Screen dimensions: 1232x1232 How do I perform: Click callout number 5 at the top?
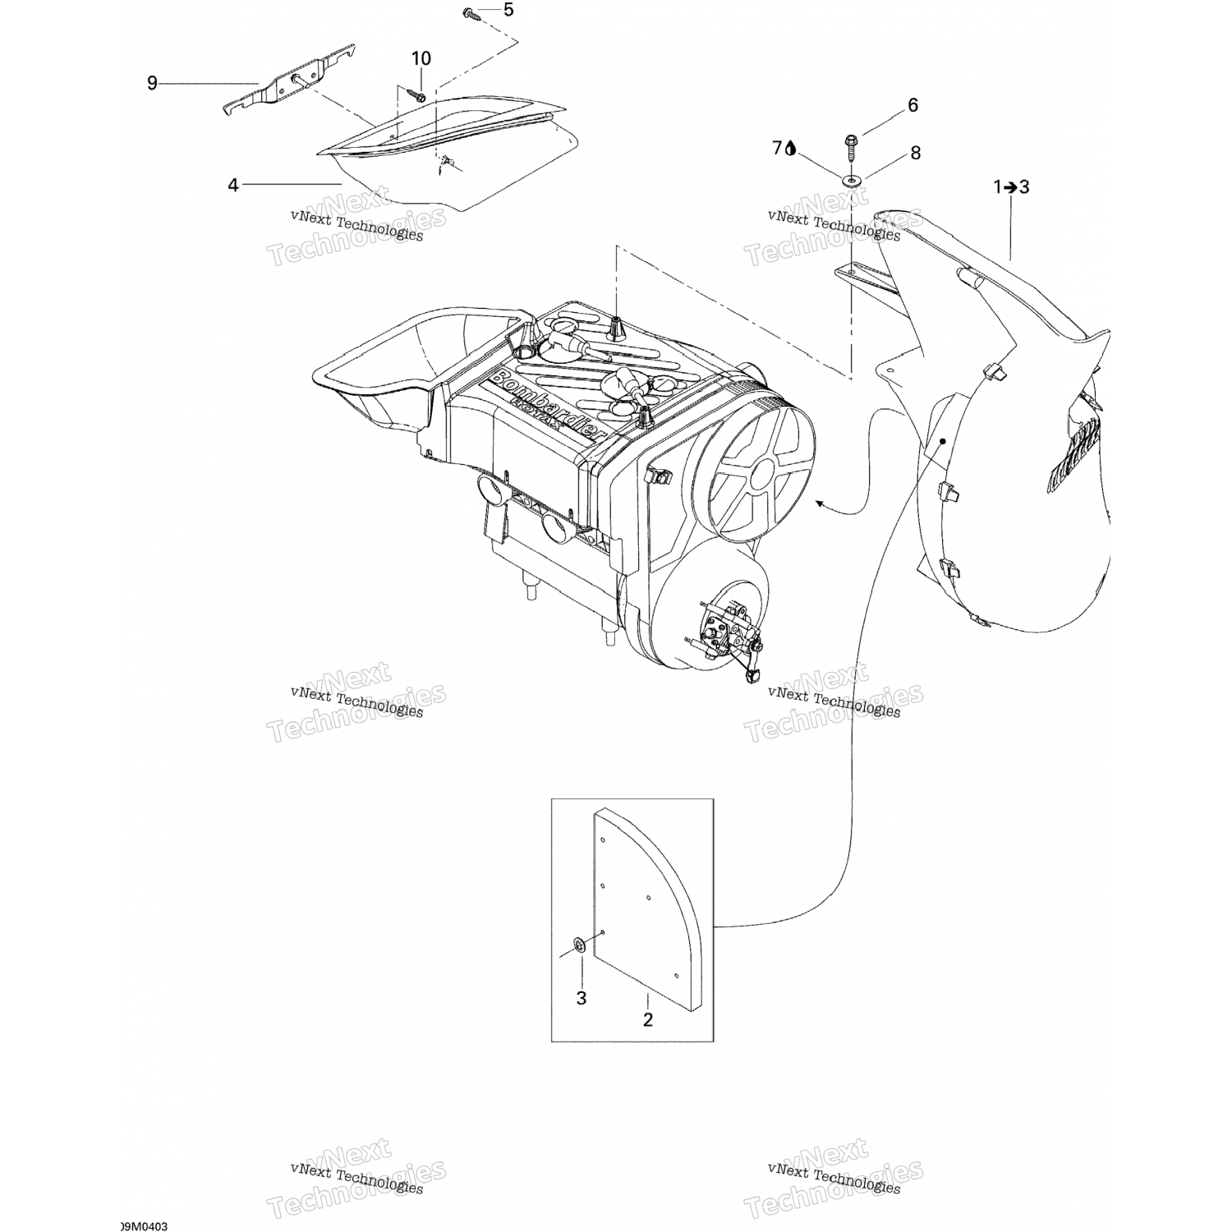508,10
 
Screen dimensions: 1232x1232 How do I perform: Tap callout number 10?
421,58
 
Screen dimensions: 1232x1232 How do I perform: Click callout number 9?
152,83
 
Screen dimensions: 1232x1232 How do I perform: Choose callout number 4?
233,186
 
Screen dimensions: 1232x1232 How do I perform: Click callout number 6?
912,105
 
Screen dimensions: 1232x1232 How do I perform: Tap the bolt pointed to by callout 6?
852,148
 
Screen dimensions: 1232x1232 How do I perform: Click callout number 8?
915,153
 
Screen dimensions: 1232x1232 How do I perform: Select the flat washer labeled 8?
852,178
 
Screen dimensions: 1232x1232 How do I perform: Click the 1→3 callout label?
1011,187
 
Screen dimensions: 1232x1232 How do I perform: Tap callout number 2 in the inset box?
647,1020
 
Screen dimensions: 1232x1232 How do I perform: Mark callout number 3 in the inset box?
582,999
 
